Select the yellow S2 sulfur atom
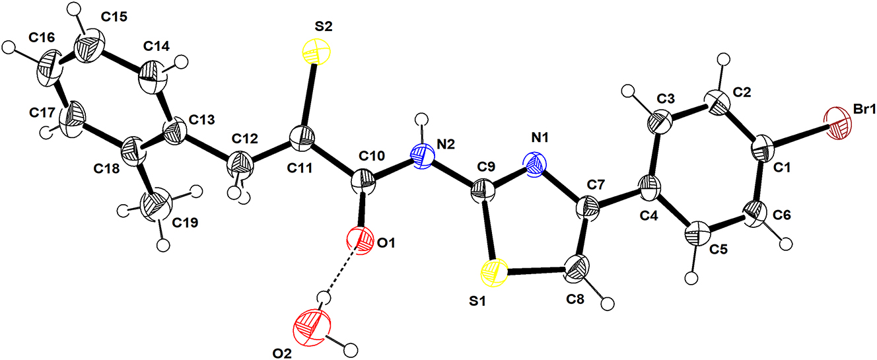(x=316, y=52)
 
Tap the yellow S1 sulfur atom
(x=494, y=273)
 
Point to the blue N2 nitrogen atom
(x=423, y=155)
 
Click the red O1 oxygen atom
(x=360, y=240)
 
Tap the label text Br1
(x=864, y=110)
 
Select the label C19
(x=185, y=223)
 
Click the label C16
(x=42, y=38)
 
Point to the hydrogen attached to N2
(x=421, y=119)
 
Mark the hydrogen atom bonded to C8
(x=608, y=304)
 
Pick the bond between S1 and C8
(x=536, y=270)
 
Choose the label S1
(x=477, y=301)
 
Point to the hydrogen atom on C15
(x=74, y=8)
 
